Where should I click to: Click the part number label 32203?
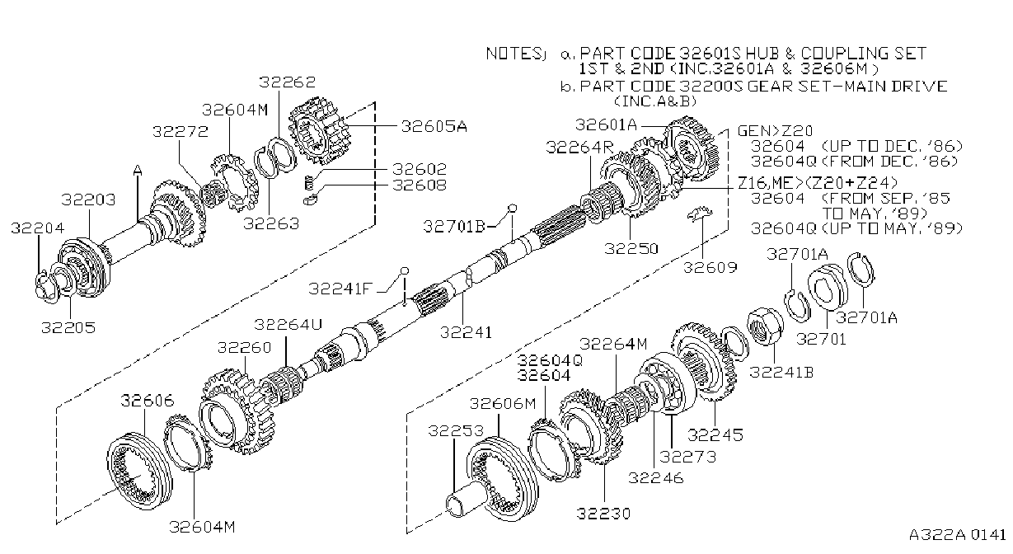[x=88, y=200]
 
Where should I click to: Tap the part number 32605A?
[x=434, y=126]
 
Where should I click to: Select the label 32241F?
[x=340, y=289]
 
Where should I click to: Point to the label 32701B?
[x=454, y=226]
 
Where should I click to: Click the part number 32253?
[x=456, y=431]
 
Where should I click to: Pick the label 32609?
[x=710, y=268]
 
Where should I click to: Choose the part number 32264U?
[x=288, y=324]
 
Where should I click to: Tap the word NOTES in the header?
[x=513, y=54]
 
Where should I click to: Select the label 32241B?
[x=781, y=372]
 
